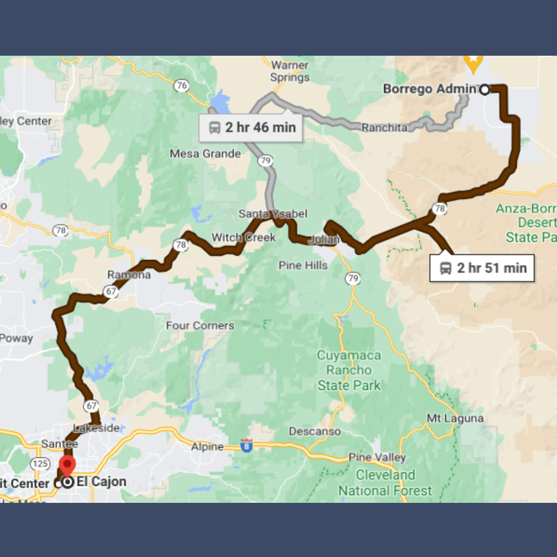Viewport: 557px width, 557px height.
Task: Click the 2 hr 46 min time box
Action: (x=251, y=127)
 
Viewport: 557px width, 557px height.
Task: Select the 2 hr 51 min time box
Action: (x=482, y=268)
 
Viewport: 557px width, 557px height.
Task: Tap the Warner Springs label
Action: (x=290, y=72)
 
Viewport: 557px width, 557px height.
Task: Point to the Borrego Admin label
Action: (x=429, y=89)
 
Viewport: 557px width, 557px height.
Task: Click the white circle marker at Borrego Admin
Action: (x=485, y=90)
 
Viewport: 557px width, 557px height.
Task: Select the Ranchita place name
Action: (x=384, y=127)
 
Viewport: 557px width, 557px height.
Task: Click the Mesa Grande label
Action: (x=205, y=154)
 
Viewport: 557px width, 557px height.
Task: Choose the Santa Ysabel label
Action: (x=273, y=214)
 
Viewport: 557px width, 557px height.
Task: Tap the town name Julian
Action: (x=323, y=240)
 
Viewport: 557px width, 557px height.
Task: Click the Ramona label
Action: (x=129, y=275)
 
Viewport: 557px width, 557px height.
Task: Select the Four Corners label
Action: (x=200, y=326)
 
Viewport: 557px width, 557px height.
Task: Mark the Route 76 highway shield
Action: (x=181, y=86)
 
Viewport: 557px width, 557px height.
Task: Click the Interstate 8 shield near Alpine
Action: (x=247, y=446)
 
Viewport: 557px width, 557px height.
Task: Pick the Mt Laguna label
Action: (x=455, y=418)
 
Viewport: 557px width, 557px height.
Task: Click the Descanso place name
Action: (x=315, y=431)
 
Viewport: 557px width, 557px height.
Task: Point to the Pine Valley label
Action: (x=377, y=457)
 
